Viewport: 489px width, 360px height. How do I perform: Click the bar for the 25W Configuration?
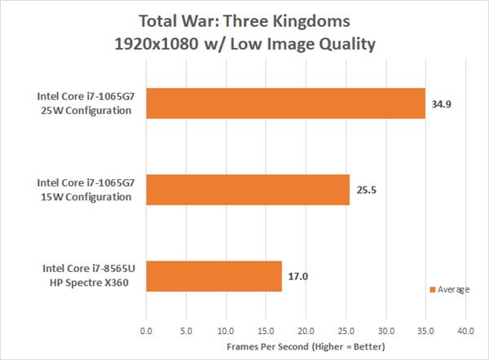(285, 103)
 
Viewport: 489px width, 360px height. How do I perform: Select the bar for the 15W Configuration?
(248, 189)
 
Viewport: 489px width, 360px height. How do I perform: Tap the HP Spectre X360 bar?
(214, 275)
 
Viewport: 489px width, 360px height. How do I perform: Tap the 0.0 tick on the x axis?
(147, 331)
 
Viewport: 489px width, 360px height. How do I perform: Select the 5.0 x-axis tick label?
(187, 331)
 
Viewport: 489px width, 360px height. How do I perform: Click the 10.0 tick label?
(226, 331)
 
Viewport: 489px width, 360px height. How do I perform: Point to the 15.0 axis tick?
(266, 331)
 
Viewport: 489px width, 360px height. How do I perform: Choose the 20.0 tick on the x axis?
(306, 331)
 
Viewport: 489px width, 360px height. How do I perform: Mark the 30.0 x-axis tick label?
(385, 331)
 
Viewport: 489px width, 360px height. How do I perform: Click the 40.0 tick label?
(465, 331)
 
